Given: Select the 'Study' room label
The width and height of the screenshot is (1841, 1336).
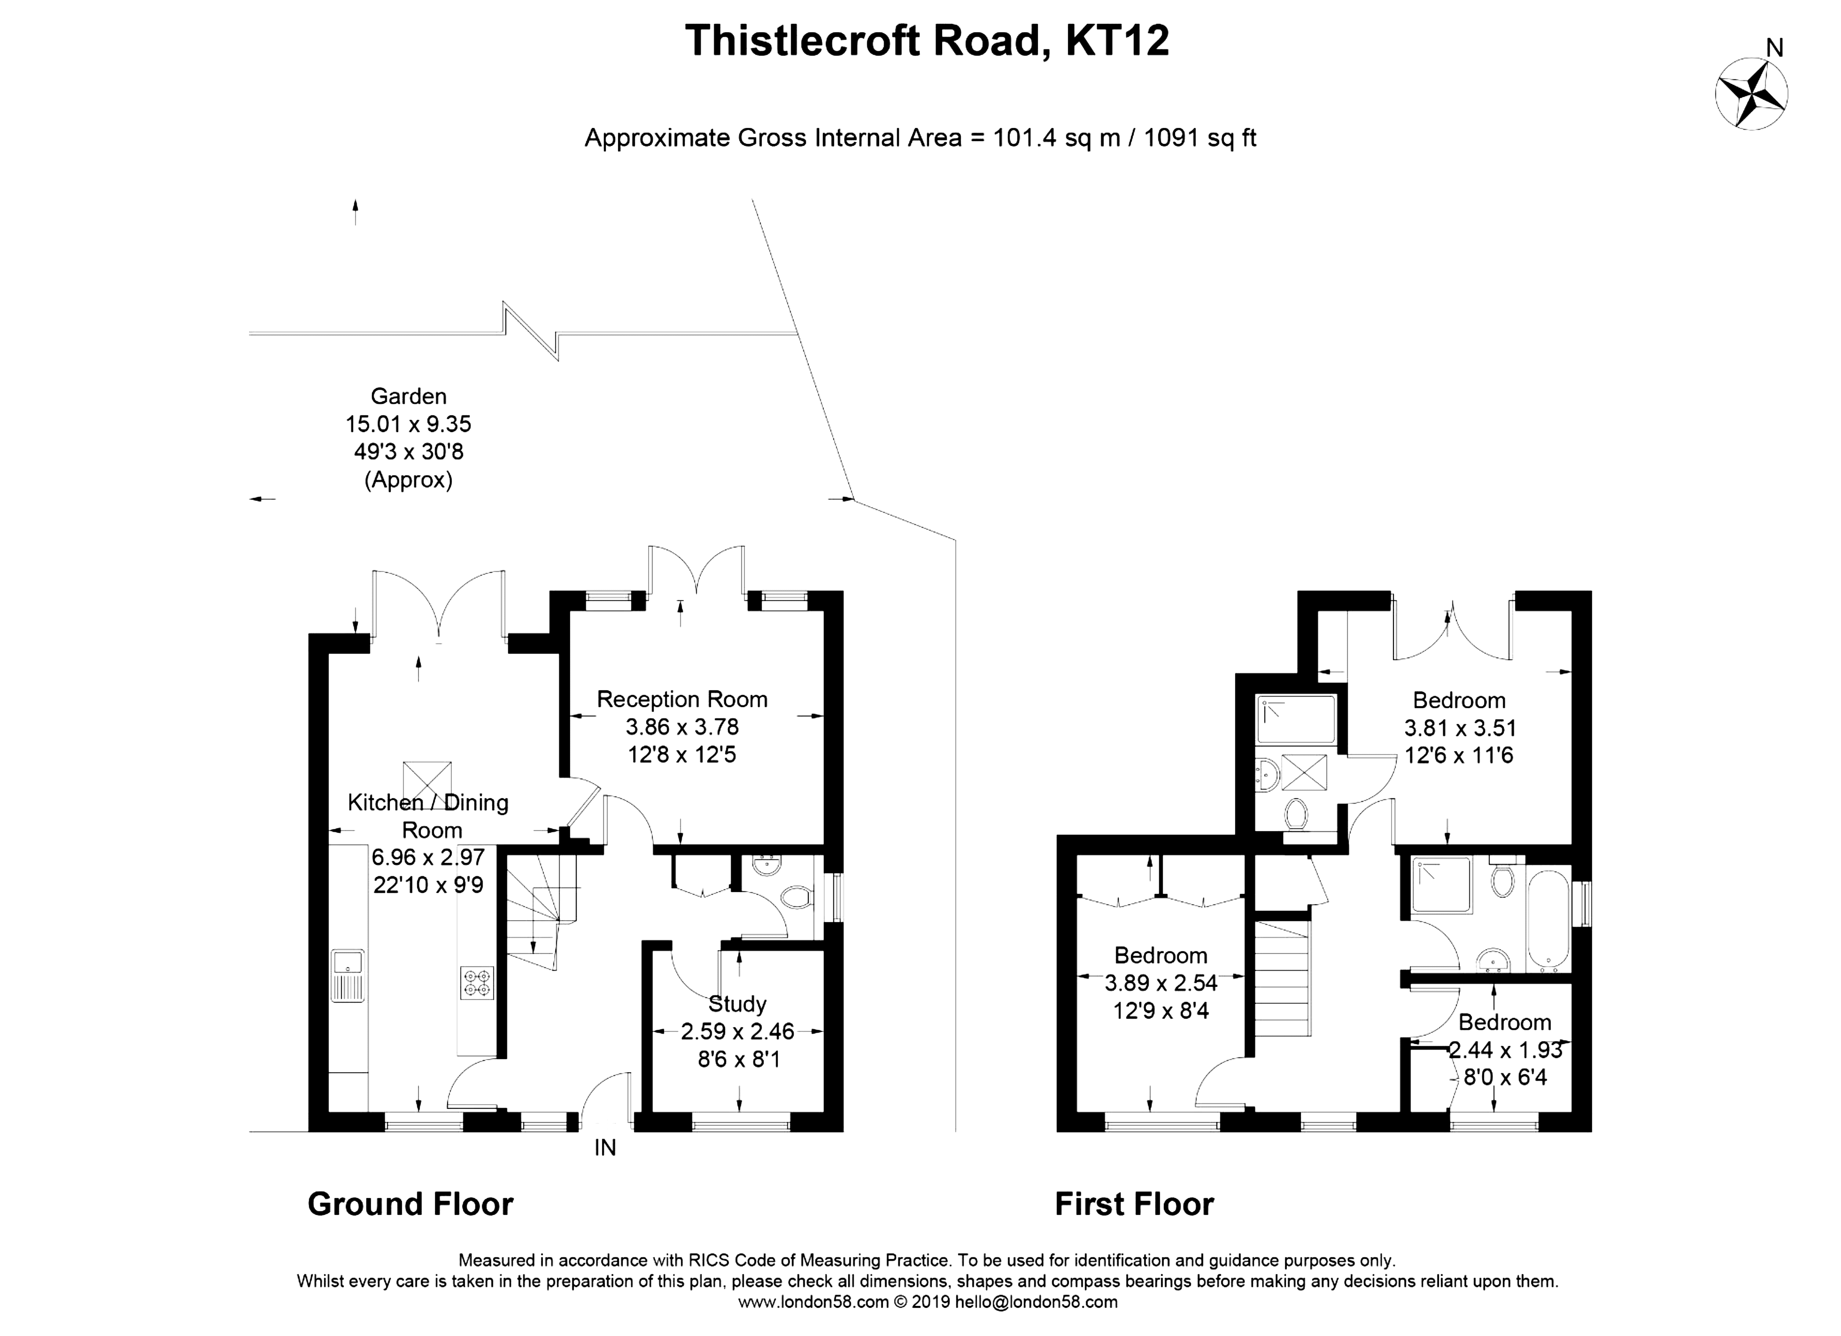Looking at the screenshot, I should coord(737,1004).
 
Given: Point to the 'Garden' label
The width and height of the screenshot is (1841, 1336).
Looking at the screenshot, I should coord(408,396).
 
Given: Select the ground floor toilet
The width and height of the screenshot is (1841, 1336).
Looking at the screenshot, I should coord(796,898).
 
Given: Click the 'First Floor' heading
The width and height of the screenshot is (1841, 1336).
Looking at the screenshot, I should coord(1134,1204).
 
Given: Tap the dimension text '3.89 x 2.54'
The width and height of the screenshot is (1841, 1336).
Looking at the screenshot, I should coord(1161,983).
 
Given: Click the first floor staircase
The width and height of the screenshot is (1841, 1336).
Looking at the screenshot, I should coord(1282,978).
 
